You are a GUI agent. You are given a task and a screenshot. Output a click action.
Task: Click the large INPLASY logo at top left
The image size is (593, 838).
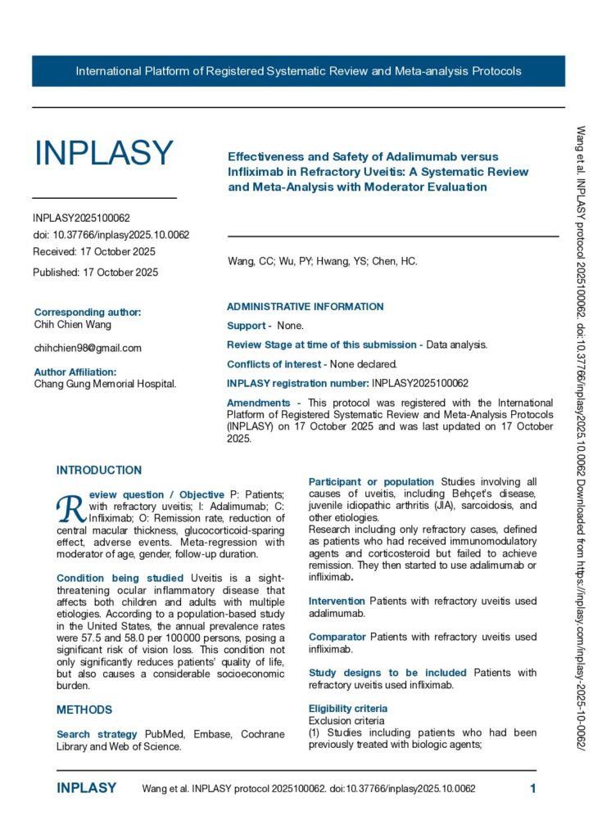pyautogui.click(x=103, y=153)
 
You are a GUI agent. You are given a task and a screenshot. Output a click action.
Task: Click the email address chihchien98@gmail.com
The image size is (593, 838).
pyautogui.click(x=88, y=348)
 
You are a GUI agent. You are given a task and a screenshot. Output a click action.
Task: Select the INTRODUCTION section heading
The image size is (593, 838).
pyautogui.click(x=99, y=471)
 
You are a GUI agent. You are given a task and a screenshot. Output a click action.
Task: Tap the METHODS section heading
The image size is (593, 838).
pyautogui.click(x=84, y=710)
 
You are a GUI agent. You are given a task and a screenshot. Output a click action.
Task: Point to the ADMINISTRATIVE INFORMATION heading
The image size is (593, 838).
pyautogui.click(x=305, y=307)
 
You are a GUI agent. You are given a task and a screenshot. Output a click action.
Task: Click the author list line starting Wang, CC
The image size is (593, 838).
pyautogui.click(x=322, y=262)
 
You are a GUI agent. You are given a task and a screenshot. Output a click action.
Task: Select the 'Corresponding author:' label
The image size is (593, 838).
pyautogui.click(x=88, y=313)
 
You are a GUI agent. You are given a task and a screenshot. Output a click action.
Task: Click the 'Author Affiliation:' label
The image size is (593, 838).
pyautogui.click(x=75, y=372)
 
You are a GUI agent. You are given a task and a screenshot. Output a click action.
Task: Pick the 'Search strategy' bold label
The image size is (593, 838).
pyautogui.click(x=91, y=734)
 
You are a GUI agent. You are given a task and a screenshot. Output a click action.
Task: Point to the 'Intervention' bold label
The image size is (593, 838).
pyautogui.click(x=337, y=601)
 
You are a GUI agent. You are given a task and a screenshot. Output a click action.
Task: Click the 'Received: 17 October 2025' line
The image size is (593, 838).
pyautogui.click(x=93, y=251)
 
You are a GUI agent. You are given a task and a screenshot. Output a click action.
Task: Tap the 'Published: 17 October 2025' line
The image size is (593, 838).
pyautogui.click(x=95, y=272)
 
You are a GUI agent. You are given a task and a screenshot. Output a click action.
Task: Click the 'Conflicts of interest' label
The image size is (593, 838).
pyautogui.click(x=277, y=364)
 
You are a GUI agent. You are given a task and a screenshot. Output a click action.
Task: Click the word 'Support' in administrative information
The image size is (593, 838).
pyautogui.click(x=246, y=326)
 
